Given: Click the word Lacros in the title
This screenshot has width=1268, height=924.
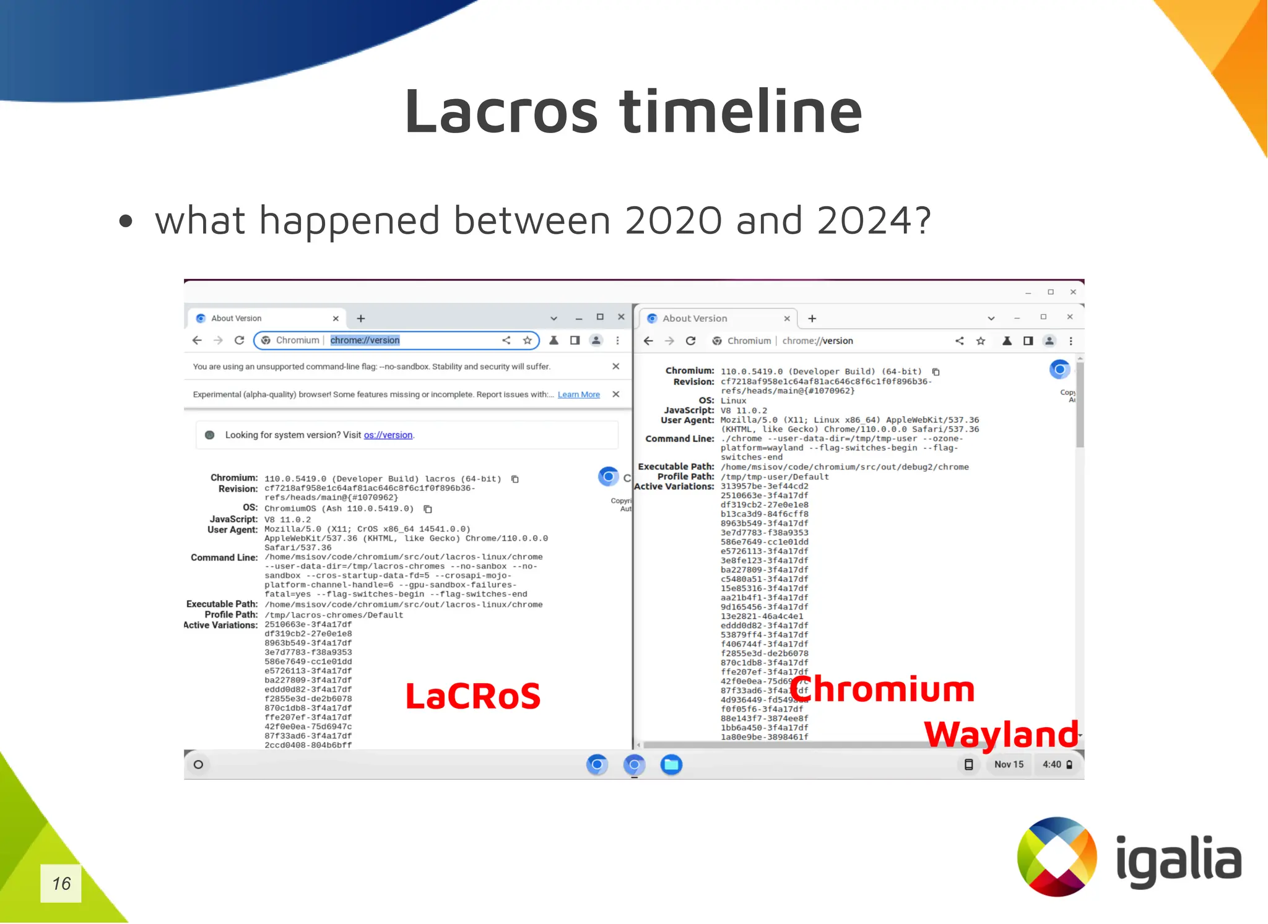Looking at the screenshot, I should point(502,111).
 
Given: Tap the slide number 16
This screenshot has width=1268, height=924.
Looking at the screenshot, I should point(61,883).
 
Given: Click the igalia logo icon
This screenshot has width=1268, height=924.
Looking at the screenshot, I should point(1057,857).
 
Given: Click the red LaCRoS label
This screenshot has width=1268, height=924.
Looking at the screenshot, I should point(473,696).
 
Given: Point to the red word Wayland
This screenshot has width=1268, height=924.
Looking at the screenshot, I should point(1001,735).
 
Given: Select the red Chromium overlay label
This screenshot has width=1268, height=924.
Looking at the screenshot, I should point(882,689).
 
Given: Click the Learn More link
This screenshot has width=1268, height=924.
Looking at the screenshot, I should point(578,395).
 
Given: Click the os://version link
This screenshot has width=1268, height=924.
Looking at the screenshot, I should point(388,435).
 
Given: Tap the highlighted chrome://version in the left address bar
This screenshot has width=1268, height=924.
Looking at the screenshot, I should point(365,340).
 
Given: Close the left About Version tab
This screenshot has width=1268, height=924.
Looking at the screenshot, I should point(336,319).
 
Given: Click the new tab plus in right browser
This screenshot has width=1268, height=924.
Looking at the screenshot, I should point(812,319).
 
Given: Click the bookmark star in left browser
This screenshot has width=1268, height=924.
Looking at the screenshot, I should point(528,340).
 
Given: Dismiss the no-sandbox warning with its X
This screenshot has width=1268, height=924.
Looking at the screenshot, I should point(616,366).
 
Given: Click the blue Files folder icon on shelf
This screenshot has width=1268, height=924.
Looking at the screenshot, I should point(671,765).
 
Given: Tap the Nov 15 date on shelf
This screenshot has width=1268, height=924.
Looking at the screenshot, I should point(1009,765).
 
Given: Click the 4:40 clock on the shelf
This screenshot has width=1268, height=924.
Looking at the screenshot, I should point(1051,765).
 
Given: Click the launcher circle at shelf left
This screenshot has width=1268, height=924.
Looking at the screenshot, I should point(198,765).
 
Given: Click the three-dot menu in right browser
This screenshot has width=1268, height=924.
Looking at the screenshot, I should point(1071,341).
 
